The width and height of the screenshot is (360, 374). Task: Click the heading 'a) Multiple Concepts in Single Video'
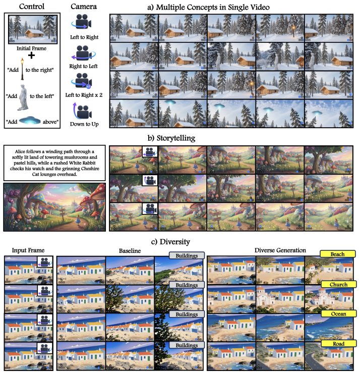tap(208, 8)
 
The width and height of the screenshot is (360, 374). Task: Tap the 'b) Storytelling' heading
tap(171, 138)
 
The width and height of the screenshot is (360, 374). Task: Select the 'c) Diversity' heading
tap(170, 242)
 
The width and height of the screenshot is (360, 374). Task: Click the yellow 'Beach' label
tap(338, 254)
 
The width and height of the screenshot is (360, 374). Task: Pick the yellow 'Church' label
tap(338, 284)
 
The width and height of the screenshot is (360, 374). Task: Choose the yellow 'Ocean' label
tap(338, 313)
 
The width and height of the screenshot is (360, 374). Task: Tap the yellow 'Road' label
tap(338, 344)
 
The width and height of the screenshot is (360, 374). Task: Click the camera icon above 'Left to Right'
tap(82, 22)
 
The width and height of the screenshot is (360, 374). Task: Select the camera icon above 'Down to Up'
tap(82, 111)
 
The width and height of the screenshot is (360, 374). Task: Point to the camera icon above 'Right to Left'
tap(83, 52)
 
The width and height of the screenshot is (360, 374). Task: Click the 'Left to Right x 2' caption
tap(84, 95)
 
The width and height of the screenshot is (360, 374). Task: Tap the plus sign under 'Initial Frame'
tap(31, 56)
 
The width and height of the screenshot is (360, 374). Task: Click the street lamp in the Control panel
tap(22, 69)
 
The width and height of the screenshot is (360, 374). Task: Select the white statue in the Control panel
tap(23, 97)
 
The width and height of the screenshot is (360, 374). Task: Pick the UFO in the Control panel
tap(30, 121)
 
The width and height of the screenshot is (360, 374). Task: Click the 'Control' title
tap(32, 7)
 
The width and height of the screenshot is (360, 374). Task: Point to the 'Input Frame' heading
tap(28, 250)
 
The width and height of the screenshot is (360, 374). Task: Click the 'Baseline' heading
tap(130, 251)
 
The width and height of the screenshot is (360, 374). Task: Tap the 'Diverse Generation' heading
tap(280, 250)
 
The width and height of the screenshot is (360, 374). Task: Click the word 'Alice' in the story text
tap(20, 151)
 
